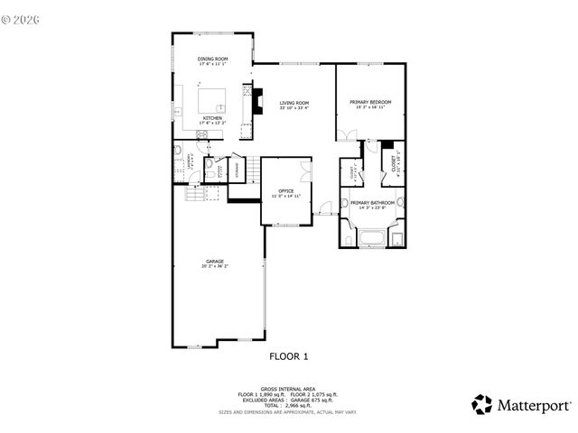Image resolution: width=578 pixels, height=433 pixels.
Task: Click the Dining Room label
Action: click(213, 60)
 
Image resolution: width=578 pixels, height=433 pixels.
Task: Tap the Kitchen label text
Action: click(213, 117)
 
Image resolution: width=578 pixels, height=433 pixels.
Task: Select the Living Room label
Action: click(294, 104)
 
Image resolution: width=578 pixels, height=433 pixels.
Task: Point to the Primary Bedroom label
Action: click(371, 102)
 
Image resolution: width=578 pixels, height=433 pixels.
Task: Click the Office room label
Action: click(286, 190)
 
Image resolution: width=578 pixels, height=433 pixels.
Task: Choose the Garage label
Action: click(214, 262)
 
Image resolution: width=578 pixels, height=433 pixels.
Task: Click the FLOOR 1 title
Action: click(289, 355)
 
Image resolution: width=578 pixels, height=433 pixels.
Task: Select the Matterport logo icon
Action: click(483, 403)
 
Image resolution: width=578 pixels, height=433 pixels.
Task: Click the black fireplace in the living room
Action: click(257, 99)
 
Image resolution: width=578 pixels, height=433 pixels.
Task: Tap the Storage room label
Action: click(238, 169)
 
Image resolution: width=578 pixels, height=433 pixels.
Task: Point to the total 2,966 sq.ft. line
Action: click(289, 405)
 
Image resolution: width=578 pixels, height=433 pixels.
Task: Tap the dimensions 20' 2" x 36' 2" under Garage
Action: click(214, 267)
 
